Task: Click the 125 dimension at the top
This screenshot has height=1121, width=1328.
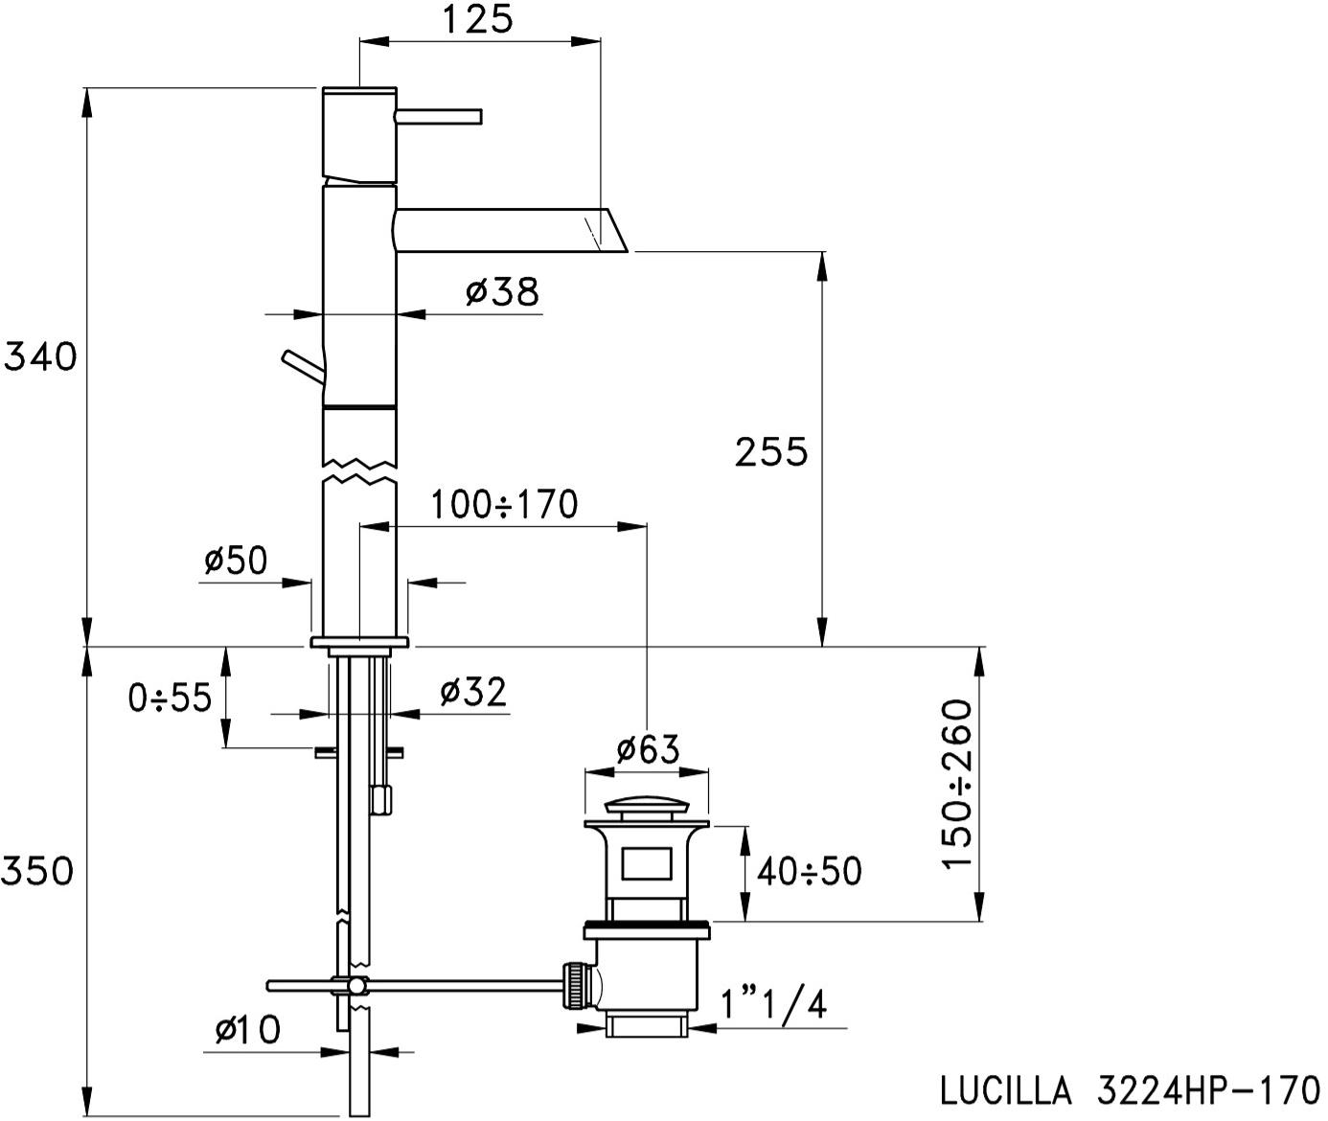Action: click(x=478, y=19)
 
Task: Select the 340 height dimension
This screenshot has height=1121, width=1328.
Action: click(x=40, y=357)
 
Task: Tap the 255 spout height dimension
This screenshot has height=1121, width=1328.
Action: click(x=771, y=451)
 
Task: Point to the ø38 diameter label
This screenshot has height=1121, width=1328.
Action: click(x=502, y=291)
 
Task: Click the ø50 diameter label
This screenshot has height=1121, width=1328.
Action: click(x=236, y=560)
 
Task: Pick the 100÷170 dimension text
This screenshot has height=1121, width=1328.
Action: click(x=504, y=504)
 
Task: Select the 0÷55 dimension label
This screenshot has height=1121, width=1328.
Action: click(x=170, y=698)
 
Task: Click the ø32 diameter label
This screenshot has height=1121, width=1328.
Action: click(x=473, y=692)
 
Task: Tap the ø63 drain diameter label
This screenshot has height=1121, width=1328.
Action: click(x=647, y=748)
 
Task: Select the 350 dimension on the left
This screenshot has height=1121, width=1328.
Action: click(x=37, y=871)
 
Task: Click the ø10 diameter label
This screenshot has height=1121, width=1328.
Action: click(x=247, y=1031)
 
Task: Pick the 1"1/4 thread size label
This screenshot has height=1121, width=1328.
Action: click(x=773, y=1005)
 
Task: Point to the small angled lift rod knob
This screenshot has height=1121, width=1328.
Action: click(x=300, y=364)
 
